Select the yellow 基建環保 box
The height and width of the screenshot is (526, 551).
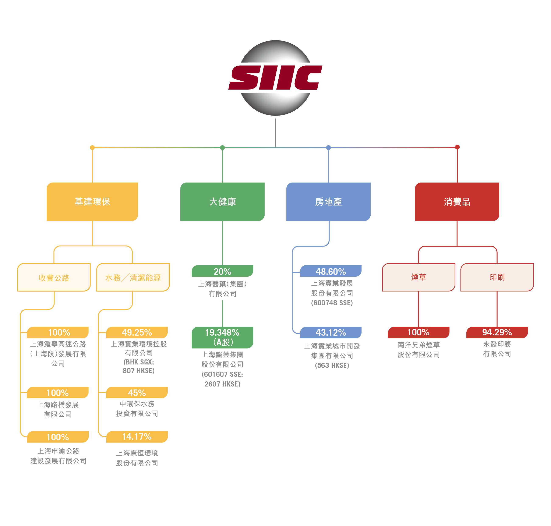(x=92, y=202)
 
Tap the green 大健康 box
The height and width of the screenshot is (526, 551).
(x=222, y=202)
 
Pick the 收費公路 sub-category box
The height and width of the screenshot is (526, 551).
(x=54, y=277)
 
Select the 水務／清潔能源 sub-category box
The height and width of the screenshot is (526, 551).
(x=133, y=277)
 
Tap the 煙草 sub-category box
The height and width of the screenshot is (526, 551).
(x=418, y=277)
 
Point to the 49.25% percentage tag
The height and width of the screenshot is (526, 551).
(x=137, y=332)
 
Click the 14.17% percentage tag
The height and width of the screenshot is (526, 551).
(x=137, y=436)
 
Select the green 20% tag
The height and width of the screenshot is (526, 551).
(x=222, y=271)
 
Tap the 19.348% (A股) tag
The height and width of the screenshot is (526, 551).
(x=222, y=337)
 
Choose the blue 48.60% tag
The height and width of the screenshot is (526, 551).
(x=330, y=271)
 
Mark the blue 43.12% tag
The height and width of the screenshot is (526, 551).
(x=330, y=332)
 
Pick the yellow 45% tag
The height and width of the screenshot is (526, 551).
(x=137, y=392)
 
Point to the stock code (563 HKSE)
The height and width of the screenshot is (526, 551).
(x=332, y=365)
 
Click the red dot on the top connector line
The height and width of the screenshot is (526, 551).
(x=457, y=147)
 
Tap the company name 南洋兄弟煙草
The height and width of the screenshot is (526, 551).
(x=418, y=345)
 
